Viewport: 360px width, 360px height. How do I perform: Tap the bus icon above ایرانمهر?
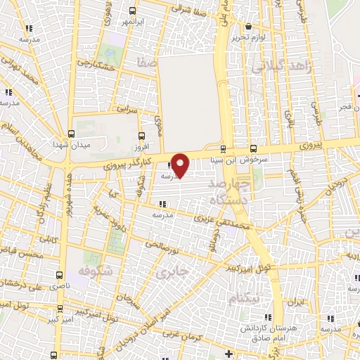click(x=133, y=11)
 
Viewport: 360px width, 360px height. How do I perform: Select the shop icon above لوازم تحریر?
click(x=248, y=27)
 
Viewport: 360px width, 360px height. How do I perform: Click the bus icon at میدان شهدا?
click(x=71, y=133)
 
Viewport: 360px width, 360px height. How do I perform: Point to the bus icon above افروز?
click(x=143, y=135)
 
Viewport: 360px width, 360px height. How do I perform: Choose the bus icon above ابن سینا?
click(x=223, y=148)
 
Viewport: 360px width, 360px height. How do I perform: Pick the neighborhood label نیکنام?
click(x=244, y=299)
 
